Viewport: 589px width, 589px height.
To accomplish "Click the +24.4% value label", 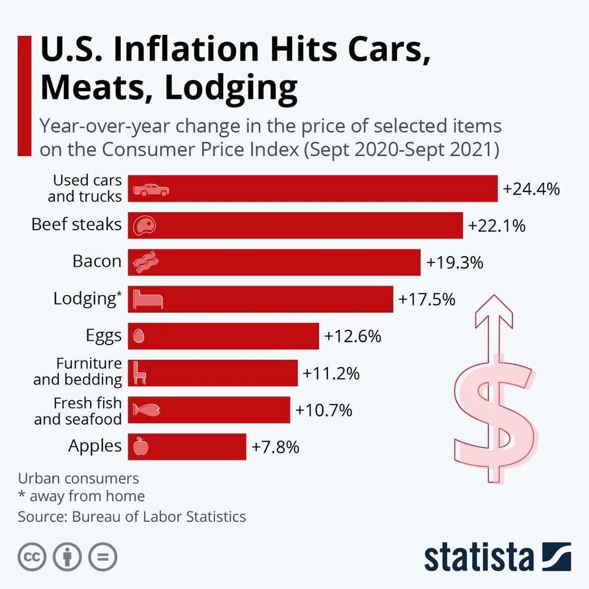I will click(531, 188).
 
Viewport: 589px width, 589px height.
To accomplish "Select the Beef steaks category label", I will click(77, 224).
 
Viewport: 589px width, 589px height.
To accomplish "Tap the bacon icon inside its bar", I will click(145, 263).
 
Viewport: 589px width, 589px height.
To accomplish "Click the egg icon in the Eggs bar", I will click(139, 336).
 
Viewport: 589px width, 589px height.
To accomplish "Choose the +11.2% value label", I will click(331, 373).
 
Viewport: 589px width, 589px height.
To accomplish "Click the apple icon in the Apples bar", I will click(141, 446).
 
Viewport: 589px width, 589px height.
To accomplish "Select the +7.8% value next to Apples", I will click(276, 447).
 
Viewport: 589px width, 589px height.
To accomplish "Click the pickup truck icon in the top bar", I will click(151, 189).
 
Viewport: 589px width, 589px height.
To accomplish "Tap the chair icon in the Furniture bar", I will click(139, 373).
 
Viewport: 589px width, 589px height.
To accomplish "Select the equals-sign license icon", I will click(103, 557).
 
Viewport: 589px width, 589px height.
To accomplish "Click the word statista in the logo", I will click(478, 557).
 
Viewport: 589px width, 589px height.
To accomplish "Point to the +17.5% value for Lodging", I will click(427, 299).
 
